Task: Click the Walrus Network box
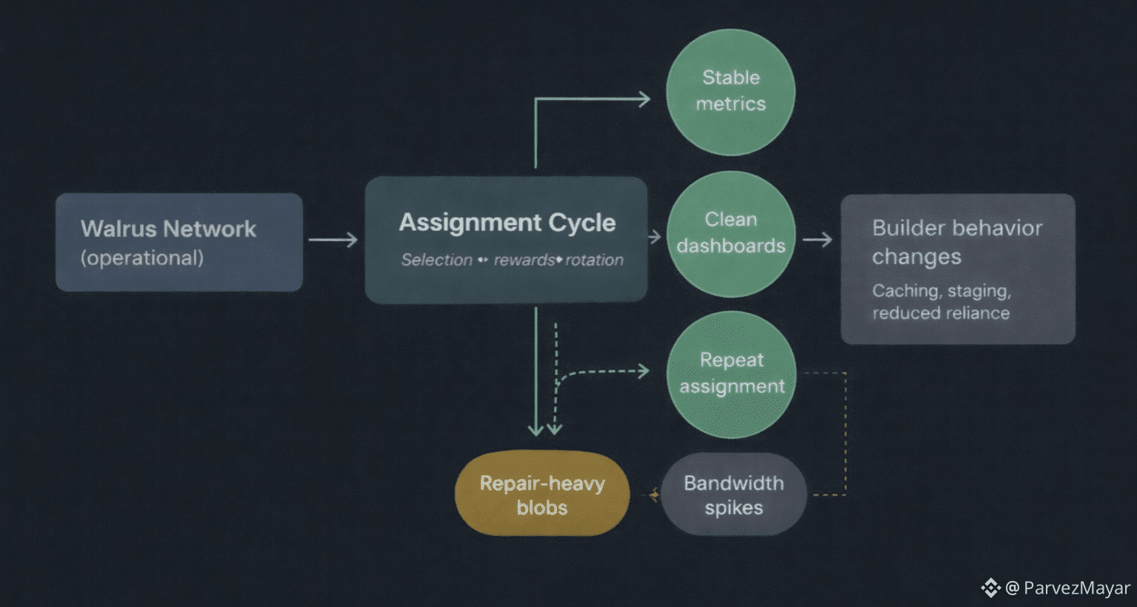[x=179, y=242]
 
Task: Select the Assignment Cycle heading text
[x=507, y=222]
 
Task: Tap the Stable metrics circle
[x=730, y=92]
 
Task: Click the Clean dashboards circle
[x=731, y=233]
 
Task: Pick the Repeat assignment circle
[x=732, y=374]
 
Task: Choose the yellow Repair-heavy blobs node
[x=542, y=494]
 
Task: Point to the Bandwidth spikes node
[x=733, y=494]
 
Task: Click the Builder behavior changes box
[x=957, y=268]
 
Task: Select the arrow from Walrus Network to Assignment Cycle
[x=333, y=239]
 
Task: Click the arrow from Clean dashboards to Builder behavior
[x=818, y=239]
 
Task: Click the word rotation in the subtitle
[x=594, y=260]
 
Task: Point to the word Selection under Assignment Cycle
[x=437, y=260]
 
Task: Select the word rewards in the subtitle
[x=524, y=260]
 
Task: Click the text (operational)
[x=142, y=258]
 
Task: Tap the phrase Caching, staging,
[x=941, y=290]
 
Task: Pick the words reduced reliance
[x=941, y=313]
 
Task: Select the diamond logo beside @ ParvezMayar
[x=990, y=588]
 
